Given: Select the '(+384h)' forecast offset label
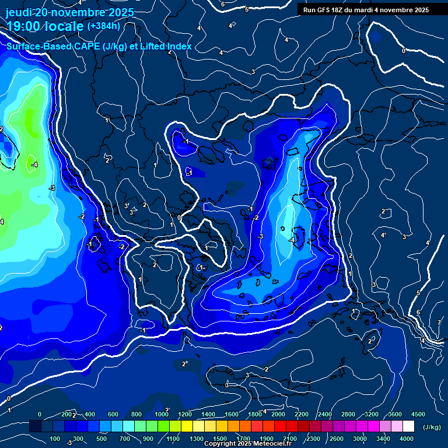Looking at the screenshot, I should tap(104, 26).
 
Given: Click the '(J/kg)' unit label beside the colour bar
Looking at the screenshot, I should tap(431, 428).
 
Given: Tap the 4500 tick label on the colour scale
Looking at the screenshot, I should tap(418, 414).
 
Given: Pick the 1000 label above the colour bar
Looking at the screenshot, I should tap(162, 414).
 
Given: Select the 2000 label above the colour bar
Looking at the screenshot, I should tap(278, 414).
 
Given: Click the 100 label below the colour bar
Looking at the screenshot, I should tap(55, 439).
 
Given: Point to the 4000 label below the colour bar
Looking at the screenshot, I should tap(407, 439).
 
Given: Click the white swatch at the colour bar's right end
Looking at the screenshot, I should tap(408, 427).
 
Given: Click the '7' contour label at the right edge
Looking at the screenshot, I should tap(439, 323).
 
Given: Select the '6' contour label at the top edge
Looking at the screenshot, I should tap(222, 4).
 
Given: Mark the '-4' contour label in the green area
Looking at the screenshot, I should tap(34, 164).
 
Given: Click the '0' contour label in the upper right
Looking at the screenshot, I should tap(403, 51).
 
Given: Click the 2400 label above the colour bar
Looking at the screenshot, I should tap(324, 414).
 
